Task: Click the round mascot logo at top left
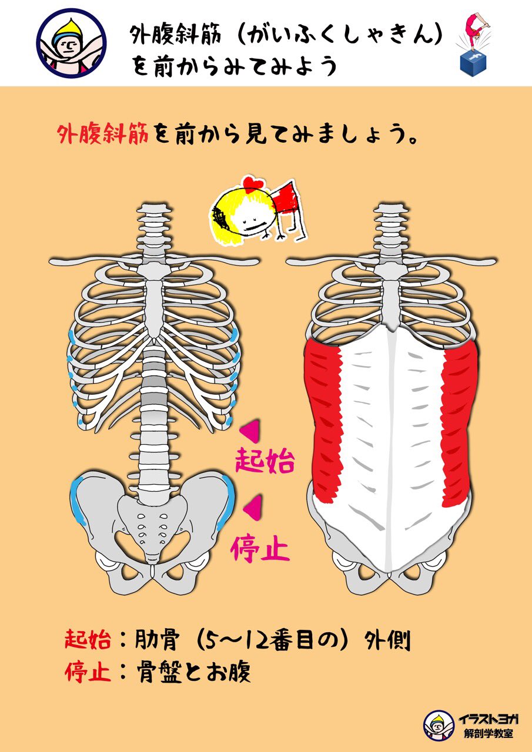pos(71,43)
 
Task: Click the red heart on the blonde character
pos(253,183)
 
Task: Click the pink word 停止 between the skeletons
pos(260,548)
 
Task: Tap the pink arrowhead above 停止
pos(253,508)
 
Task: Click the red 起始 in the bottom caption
pos(88,640)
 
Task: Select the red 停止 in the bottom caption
pos(88,672)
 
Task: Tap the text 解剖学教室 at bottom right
pos(487,734)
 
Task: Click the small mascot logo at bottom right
pos(439,725)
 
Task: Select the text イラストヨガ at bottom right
pos(487,719)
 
